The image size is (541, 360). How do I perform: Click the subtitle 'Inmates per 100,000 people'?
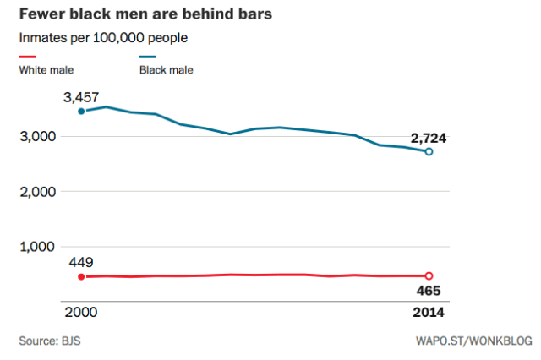pyautogui.click(x=103, y=38)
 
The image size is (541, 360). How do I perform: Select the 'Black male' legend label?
pyautogui.click(x=166, y=69)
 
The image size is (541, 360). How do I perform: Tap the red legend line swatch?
pyautogui.click(x=30, y=57)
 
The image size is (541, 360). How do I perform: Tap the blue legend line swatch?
pyautogui.click(x=150, y=57)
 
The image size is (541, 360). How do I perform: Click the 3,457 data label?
pyautogui.click(x=82, y=99)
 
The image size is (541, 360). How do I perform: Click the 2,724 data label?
pyautogui.click(x=429, y=138)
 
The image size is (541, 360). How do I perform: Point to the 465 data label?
pyautogui.click(x=429, y=292)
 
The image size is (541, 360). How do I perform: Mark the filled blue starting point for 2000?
pyautogui.click(x=81, y=111)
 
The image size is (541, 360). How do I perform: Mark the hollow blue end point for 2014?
pyautogui.click(x=429, y=152)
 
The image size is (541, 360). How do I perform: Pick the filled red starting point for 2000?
pyautogui.click(x=81, y=276)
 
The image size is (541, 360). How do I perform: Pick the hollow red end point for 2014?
pyautogui.click(x=429, y=276)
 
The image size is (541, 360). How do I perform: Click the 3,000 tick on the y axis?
pyautogui.click(x=37, y=136)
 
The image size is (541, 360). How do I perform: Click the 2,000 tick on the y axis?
pyautogui.click(x=37, y=192)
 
